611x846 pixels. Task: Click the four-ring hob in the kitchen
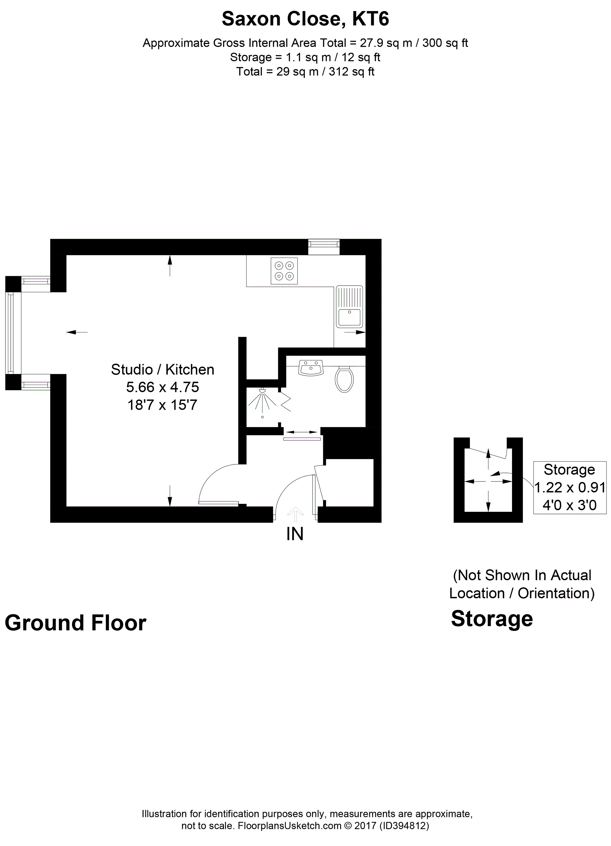(284, 271)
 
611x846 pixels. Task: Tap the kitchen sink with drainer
(349, 307)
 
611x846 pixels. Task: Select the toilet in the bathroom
(344, 379)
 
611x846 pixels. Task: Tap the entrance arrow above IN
(295, 514)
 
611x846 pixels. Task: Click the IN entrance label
(295, 534)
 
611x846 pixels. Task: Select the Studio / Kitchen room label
(163, 370)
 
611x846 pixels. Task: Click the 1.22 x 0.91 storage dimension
(569, 487)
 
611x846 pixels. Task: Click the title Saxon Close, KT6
(305, 19)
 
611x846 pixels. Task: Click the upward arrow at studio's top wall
(170, 266)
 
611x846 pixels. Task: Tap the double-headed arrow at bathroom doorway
(302, 432)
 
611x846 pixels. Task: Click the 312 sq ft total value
(351, 71)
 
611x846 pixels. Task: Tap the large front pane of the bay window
(10, 333)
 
